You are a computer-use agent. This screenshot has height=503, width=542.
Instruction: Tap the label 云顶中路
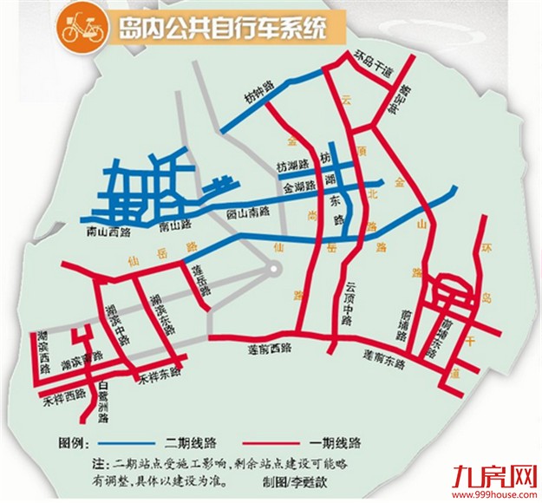[350, 299]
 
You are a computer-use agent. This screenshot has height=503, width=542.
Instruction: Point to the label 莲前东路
[382, 358]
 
